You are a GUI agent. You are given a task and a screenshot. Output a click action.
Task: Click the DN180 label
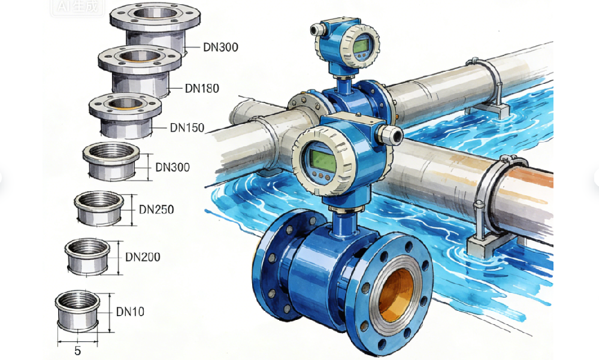[202, 88]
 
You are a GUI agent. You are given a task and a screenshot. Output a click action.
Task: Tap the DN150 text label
[187, 128]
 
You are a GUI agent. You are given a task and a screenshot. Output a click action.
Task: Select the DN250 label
[156, 210]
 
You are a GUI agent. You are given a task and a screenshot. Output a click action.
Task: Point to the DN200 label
[143, 257]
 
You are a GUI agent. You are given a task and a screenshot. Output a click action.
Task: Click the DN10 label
[130, 312]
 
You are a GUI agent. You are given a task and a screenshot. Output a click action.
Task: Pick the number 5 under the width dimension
[77, 351]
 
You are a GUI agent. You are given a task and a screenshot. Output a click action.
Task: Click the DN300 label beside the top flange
[221, 47]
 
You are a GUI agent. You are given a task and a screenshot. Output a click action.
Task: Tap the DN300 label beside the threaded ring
[173, 167]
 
